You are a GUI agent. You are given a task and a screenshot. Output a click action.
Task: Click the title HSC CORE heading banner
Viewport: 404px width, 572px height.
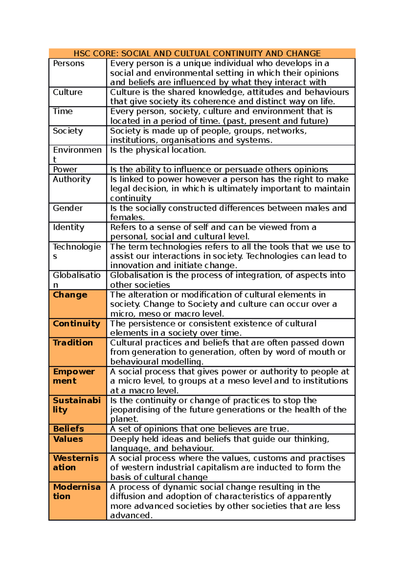coord(197,54)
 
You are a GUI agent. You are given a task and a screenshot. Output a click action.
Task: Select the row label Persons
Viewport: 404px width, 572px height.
coord(69,63)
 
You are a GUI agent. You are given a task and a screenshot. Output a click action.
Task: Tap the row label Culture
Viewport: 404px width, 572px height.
coord(67,92)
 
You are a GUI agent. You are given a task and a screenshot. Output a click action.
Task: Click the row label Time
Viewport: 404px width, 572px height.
coord(63,111)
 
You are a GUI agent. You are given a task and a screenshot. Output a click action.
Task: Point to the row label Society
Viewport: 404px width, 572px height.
coord(68,131)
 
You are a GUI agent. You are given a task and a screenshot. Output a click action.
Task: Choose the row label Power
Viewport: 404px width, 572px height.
coord(65,169)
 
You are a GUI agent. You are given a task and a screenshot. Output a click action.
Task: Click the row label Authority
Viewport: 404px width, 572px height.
coord(71,179)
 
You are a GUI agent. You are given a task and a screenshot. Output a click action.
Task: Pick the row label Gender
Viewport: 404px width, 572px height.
coord(67,208)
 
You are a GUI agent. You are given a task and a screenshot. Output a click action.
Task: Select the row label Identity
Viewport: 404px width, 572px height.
coord(68,227)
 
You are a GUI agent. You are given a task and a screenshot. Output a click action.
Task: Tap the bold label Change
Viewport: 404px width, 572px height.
coord(70,295)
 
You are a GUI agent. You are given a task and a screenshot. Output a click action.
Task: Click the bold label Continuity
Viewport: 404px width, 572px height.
coord(76,324)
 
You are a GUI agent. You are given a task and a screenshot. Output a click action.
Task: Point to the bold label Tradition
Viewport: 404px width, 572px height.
coord(73,343)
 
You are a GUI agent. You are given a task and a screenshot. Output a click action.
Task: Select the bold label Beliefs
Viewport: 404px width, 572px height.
coord(68,429)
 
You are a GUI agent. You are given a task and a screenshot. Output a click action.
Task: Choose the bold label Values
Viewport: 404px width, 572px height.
coord(68,439)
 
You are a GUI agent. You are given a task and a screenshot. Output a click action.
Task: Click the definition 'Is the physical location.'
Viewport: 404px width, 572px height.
coord(158,150)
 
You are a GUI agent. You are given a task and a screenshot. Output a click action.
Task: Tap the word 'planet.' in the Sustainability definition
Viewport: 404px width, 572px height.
coord(125,419)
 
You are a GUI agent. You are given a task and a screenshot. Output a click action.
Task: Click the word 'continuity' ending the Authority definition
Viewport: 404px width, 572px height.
coord(131,198)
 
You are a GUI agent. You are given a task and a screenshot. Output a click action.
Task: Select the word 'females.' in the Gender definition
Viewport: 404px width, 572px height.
coord(127,218)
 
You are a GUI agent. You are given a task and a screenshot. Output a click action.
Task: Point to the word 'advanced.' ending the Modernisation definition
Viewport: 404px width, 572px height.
coord(131,515)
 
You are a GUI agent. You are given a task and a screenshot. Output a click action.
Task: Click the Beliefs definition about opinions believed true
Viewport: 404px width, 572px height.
coord(200,429)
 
